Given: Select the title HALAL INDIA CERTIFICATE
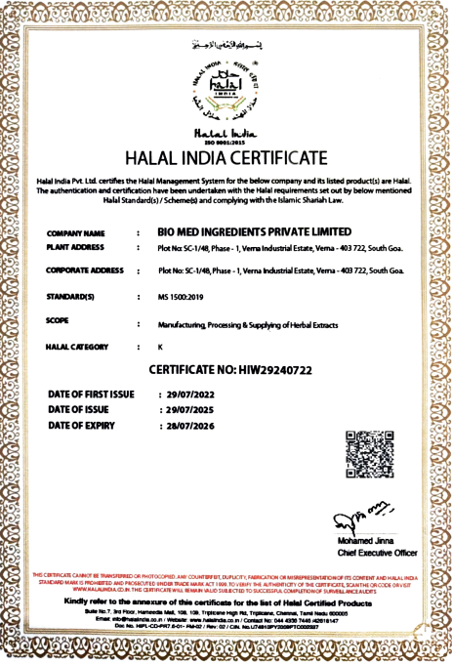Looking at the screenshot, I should [226, 158].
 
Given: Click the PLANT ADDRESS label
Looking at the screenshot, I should [77, 248].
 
